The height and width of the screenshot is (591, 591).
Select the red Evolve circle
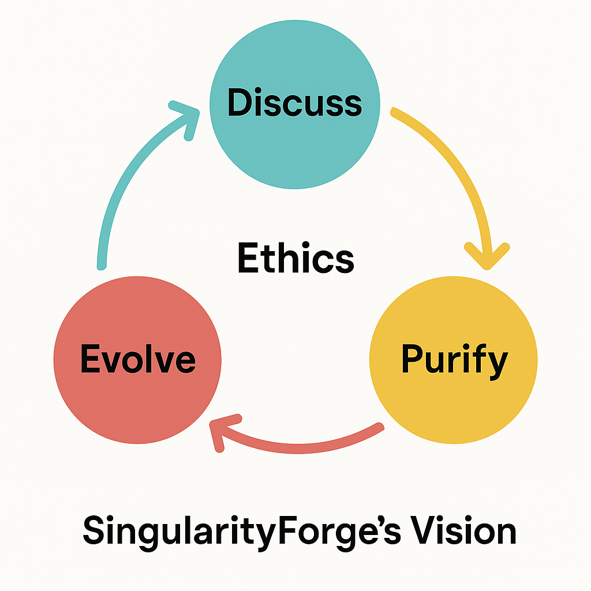137,392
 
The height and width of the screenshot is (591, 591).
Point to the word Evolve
137,359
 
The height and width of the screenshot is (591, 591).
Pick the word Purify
454,360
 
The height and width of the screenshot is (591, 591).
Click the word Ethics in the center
295,258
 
